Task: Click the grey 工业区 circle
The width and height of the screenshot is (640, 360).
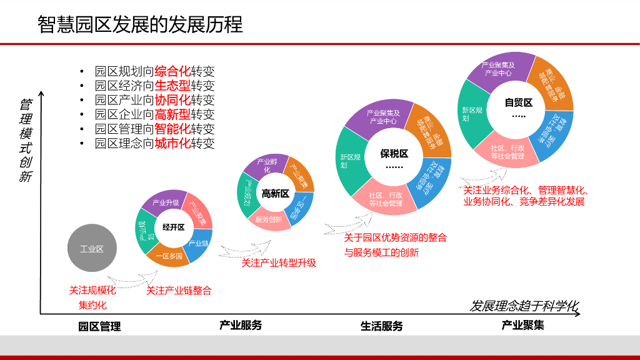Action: [91, 249]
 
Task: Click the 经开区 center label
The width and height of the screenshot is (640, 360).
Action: [173, 227]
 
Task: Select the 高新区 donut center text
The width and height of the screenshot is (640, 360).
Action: [275, 194]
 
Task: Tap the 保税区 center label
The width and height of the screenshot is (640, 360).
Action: [394, 154]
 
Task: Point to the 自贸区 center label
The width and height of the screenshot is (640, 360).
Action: [518, 102]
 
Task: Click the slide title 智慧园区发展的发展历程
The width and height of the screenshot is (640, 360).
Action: [140, 24]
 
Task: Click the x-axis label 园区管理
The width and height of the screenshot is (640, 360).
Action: [99, 326]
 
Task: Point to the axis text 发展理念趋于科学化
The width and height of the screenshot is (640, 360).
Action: [524, 306]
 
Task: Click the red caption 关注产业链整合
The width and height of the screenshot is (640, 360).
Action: [179, 291]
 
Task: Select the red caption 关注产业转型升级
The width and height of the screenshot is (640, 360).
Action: [279, 263]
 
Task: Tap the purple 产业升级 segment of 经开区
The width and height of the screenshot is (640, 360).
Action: [166, 202]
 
